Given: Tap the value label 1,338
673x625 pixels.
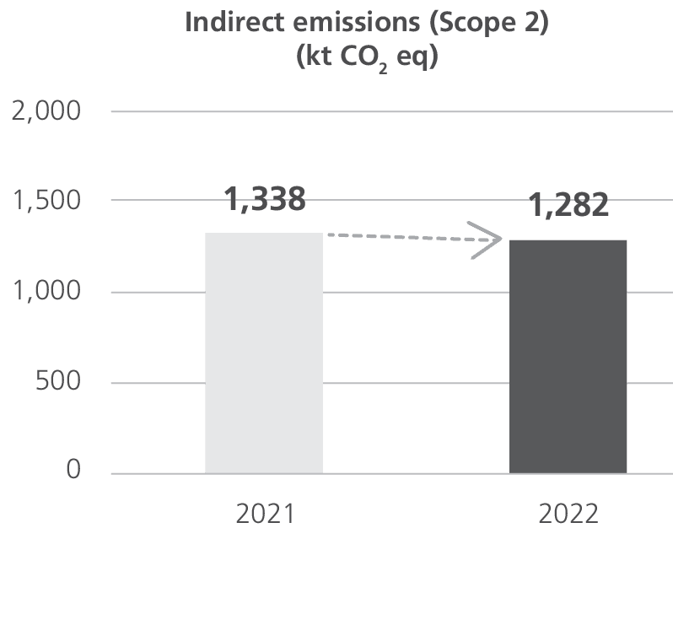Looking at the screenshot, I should point(265,200).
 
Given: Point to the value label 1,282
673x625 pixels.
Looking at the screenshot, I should point(569,205).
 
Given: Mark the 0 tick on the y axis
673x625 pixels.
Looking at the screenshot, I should point(74,471).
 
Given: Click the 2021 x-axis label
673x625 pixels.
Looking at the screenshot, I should point(264,514).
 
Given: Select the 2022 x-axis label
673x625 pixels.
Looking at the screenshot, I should point(568,514).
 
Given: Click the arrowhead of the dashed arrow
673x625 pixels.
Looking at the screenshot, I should point(487,241).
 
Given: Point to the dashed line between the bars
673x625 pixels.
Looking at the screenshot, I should point(396,237).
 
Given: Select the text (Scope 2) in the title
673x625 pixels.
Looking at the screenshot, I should point(489,23).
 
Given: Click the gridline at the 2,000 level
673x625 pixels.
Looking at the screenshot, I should point(388,111).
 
